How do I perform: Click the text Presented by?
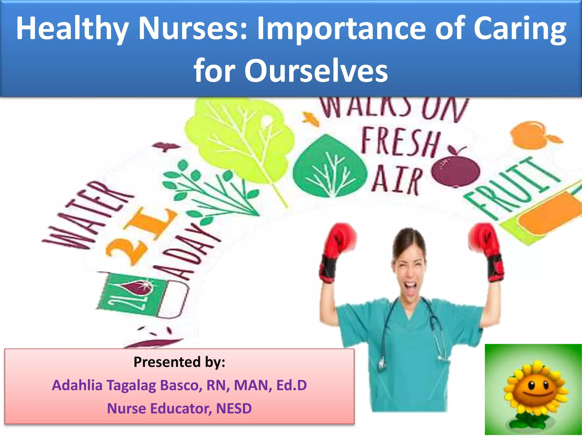click(179, 362)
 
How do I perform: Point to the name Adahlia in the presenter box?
click(77, 385)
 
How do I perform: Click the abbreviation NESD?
click(234, 408)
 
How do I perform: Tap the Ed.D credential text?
click(292, 385)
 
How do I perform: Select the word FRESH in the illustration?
click(401, 143)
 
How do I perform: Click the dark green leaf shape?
click(330, 167)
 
